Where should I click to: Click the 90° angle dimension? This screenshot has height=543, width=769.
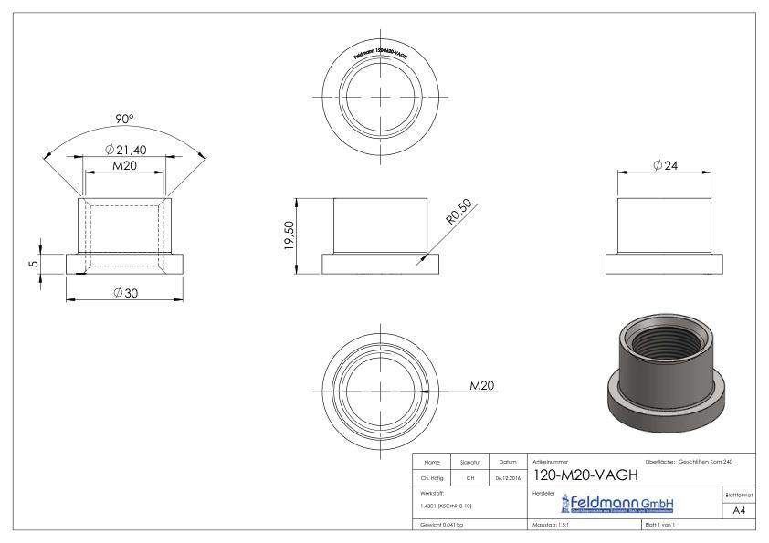[123, 120]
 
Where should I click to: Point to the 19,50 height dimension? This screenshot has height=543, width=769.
[289, 234]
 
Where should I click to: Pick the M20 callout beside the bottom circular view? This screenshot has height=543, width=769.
[481, 386]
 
